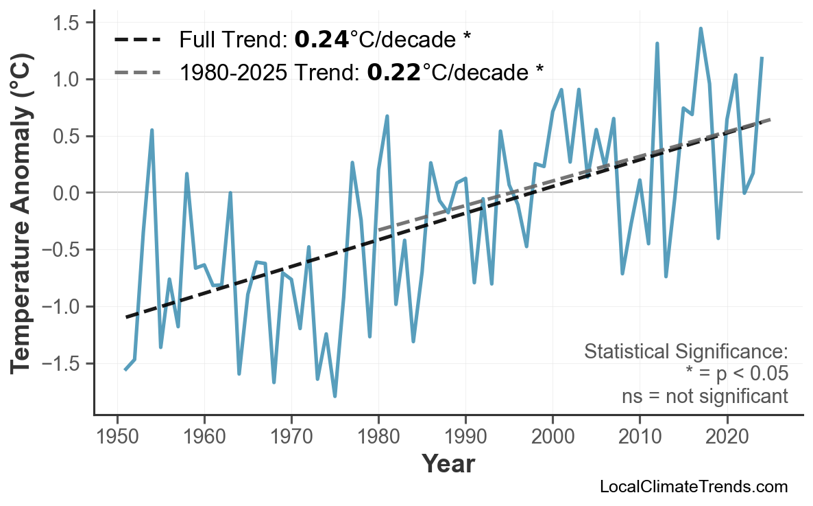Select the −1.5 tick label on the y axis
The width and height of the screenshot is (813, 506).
(62, 363)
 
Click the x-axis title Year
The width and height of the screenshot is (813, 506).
(448, 464)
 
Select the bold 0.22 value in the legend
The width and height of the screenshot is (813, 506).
(393, 71)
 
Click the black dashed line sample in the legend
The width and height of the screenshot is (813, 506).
(137, 40)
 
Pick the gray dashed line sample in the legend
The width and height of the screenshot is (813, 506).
(137, 71)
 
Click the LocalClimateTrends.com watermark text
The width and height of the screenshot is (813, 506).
(693, 487)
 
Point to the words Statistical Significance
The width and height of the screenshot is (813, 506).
(685, 352)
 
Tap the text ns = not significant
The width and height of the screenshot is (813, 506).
(704, 396)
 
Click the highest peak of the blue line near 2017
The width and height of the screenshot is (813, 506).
(701, 29)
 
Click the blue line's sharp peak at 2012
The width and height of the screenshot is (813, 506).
(657, 43)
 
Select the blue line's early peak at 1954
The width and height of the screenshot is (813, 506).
(151, 130)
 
